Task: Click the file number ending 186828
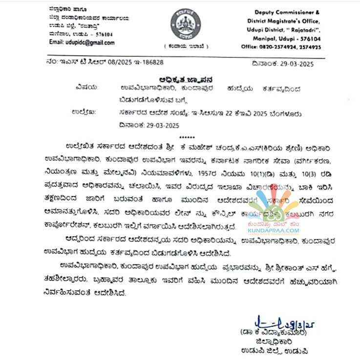point(148,62)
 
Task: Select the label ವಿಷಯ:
point(87,88)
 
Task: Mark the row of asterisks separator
point(187,137)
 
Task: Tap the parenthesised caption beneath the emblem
point(186,47)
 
